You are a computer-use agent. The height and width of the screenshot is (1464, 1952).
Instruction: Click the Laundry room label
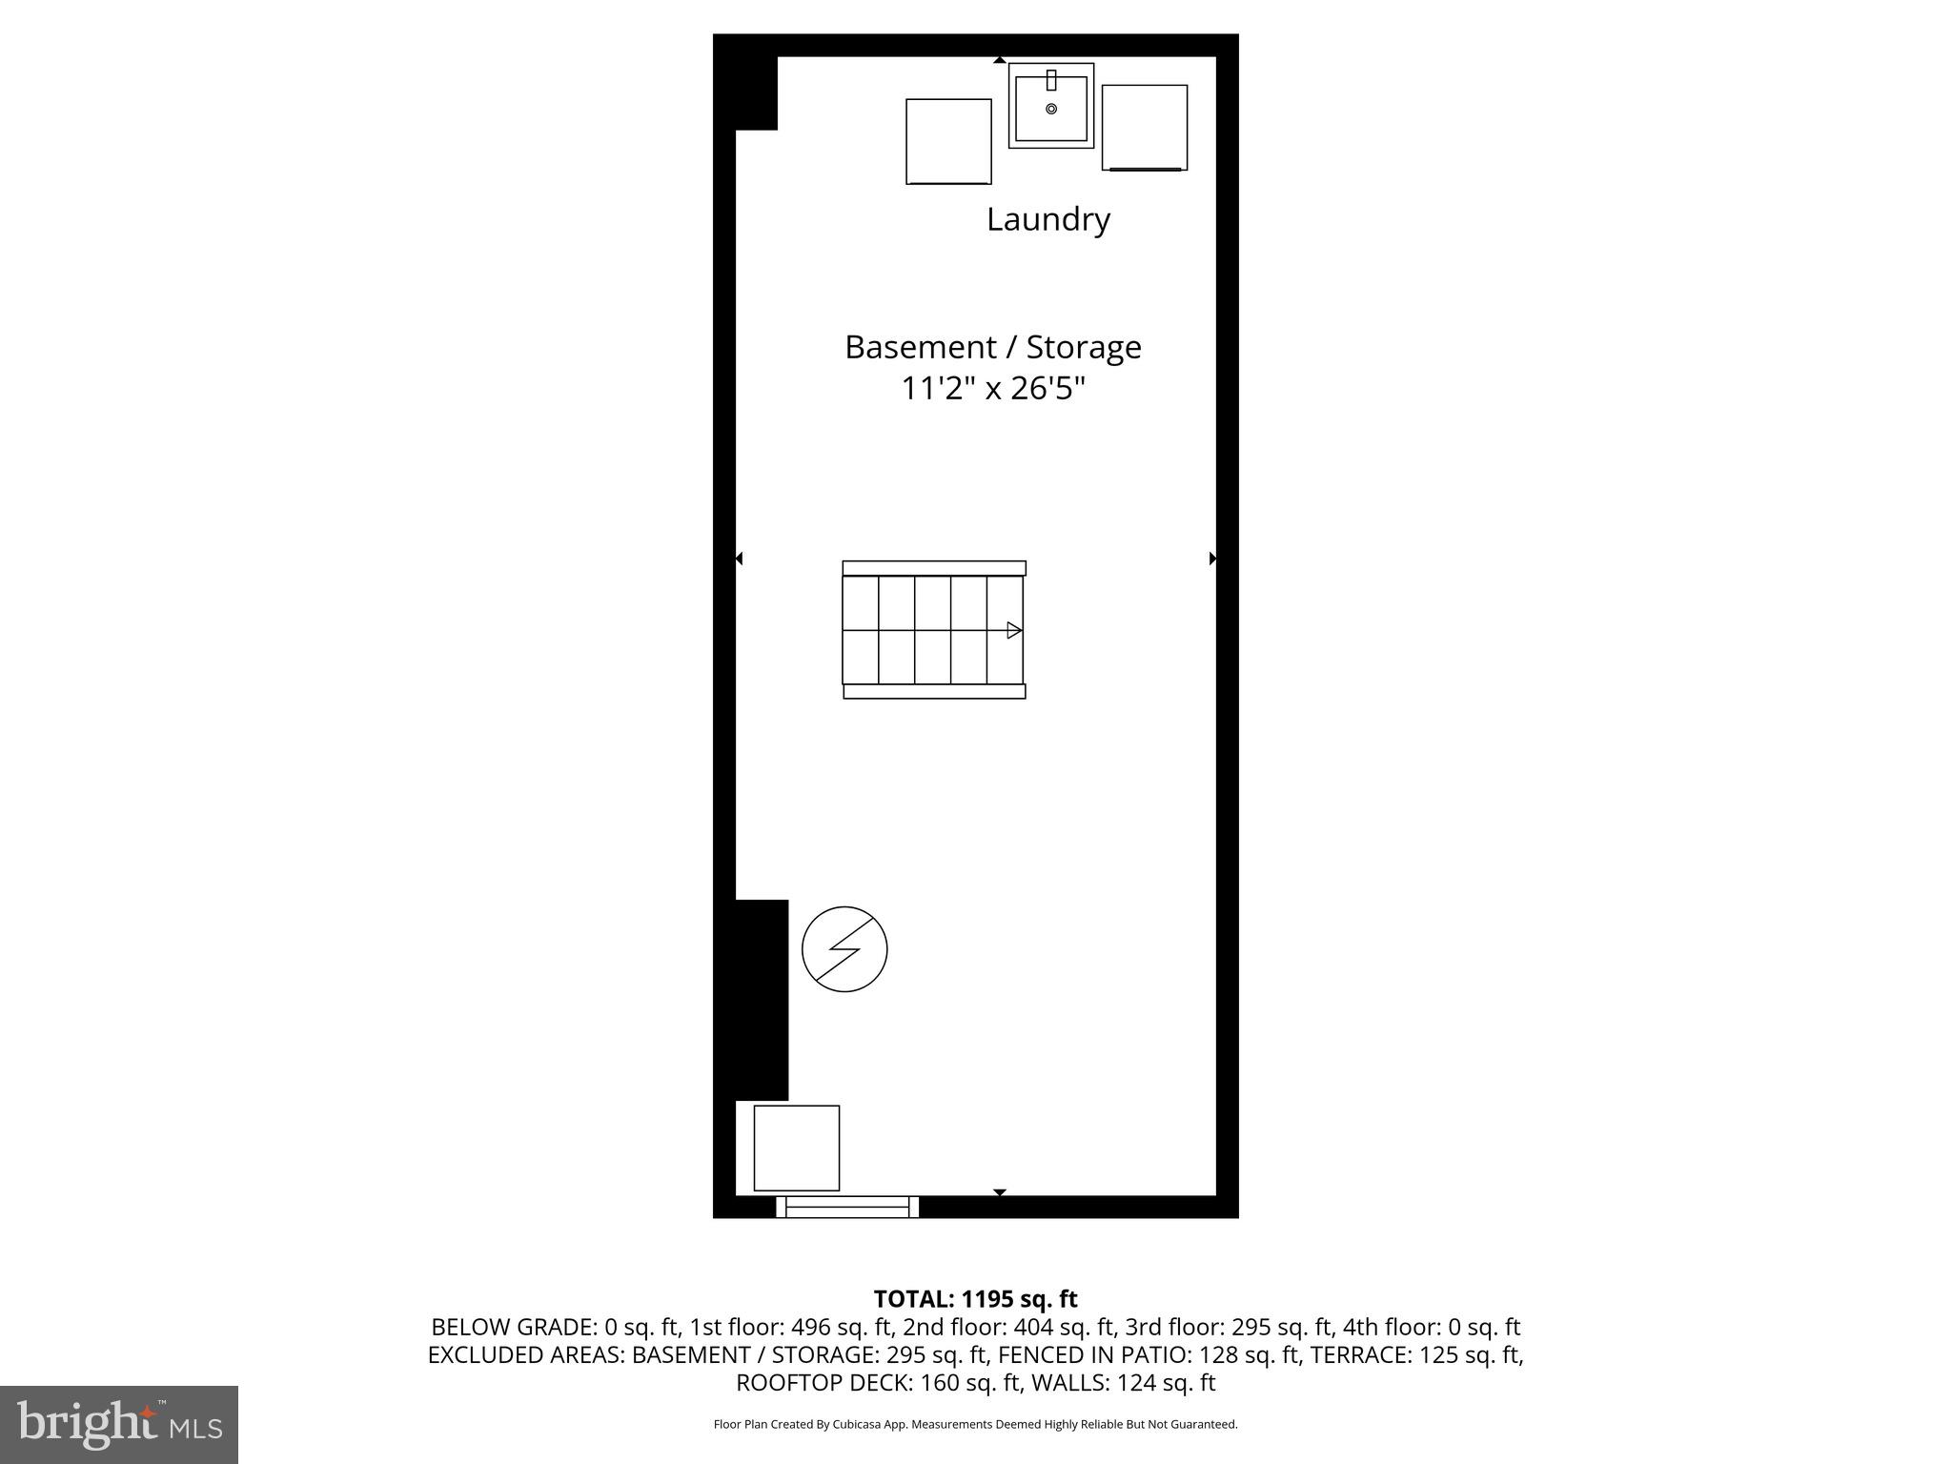pos(1047,219)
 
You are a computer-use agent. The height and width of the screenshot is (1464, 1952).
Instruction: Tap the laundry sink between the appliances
pos(1051,106)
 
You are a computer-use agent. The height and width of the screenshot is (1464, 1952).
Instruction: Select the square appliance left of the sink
pos(948,141)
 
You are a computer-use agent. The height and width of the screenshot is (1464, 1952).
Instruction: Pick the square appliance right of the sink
pos(1145,128)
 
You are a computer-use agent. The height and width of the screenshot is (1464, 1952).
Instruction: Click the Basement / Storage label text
pos(992,347)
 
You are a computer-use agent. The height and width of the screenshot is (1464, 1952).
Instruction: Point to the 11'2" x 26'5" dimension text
pos(993,389)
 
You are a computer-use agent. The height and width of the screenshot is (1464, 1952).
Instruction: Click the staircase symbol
pos(934,630)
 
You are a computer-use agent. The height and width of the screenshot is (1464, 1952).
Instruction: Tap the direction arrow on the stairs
pos(1014,630)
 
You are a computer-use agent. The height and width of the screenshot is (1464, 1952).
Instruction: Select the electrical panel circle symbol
pos(844,949)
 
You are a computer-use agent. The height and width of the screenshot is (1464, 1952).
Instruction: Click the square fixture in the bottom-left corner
pos(797,1148)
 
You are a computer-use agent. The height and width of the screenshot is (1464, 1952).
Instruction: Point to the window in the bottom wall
pos(847,1209)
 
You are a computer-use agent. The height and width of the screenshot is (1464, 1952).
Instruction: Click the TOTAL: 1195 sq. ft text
pos(975,1299)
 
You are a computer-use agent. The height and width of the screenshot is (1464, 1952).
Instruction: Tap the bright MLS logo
pos(119,1424)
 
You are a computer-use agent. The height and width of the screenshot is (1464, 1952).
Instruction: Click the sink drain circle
pos(1051,109)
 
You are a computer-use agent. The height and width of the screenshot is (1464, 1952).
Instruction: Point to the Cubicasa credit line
pos(975,1424)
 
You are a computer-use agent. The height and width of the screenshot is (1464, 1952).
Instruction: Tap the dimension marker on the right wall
pos(1212,559)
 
